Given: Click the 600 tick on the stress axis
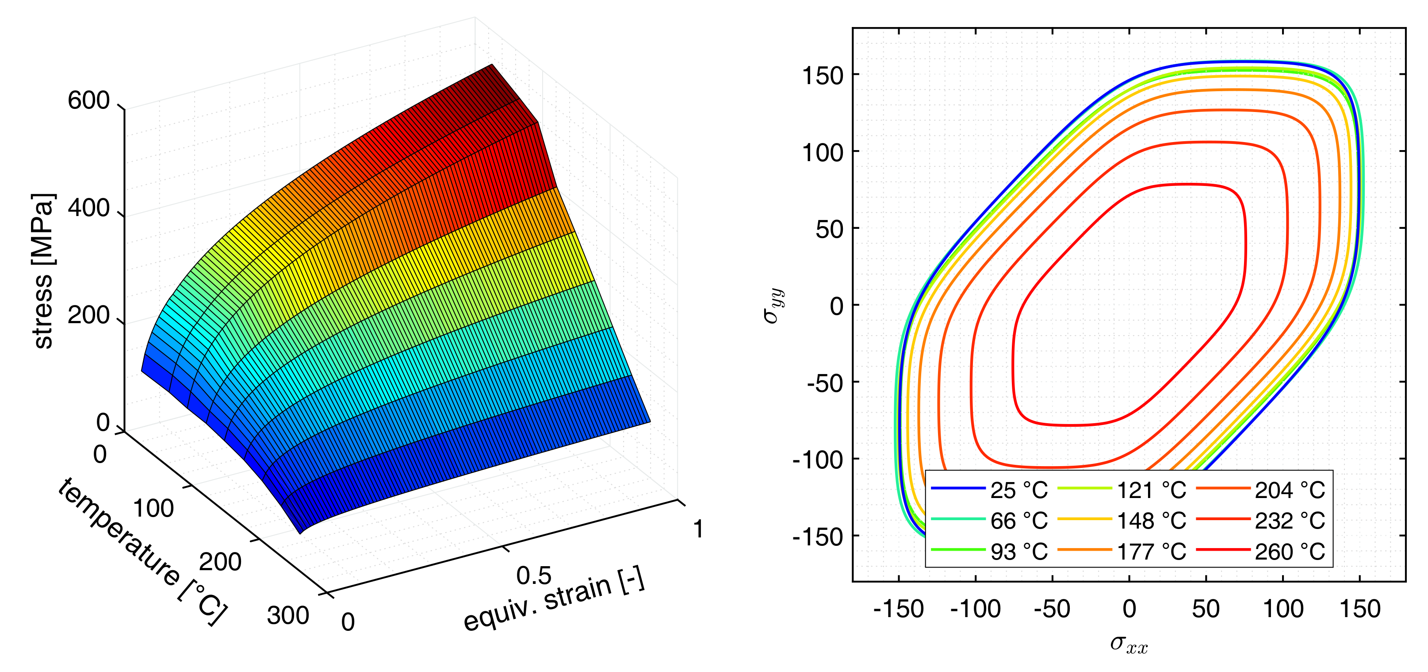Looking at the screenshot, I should (89, 101).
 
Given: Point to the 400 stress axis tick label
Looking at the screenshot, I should (89, 209).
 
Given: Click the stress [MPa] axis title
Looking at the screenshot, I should (43, 271).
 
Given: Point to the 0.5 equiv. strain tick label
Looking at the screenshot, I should (533, 576).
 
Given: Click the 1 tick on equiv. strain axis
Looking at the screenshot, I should (698, 529).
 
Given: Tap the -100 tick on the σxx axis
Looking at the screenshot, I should (975, 609).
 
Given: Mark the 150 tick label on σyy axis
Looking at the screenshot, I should (823, 75).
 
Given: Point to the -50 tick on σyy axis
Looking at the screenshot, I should (825, 383).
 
